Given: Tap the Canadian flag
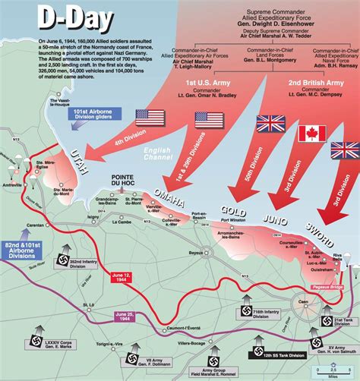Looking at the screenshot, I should click(x=308, y=134).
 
